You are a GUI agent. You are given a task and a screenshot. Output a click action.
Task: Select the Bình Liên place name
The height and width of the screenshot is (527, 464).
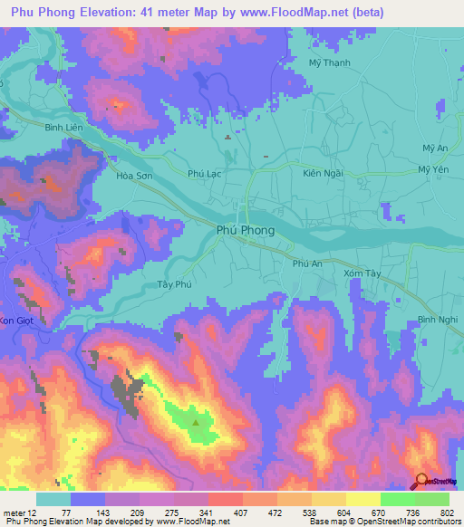click(38, 129)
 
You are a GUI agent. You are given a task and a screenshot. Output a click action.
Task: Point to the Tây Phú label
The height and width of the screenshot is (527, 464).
click(172, 284)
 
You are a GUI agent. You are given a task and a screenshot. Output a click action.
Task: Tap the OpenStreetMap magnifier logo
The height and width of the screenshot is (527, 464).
click(421, 480)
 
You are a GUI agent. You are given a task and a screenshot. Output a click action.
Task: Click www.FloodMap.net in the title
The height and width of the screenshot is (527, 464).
click(286, 13)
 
